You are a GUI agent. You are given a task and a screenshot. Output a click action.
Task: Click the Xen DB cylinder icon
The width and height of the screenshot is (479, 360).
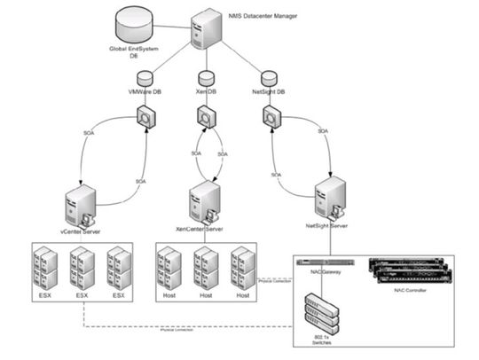205,78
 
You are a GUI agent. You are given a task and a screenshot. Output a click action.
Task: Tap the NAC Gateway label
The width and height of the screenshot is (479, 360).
322,275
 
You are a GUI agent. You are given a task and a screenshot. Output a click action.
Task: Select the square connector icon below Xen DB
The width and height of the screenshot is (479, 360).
205,117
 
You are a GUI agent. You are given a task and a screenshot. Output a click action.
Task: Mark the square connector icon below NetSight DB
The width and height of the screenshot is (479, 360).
271,117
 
